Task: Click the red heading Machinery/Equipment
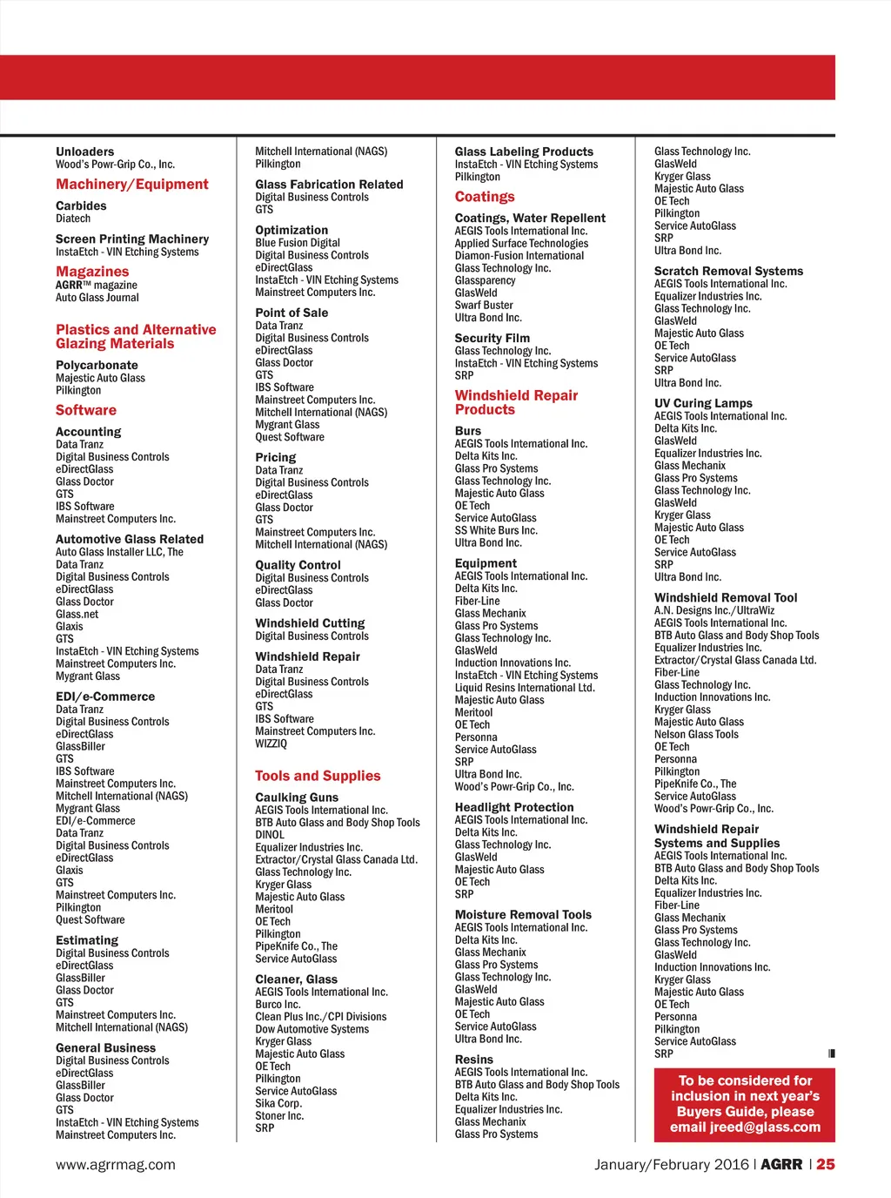(x=132, y=185)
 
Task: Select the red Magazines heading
(x=92, y=272)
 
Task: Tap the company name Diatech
(x=73, y=219)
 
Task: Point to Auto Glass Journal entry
(x=97, y=298)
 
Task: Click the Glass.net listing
(x=77, y=614)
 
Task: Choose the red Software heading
(x=86, y=410)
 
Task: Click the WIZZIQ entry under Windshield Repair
(x=271, y=744)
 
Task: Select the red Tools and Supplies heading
(x=318, y=776)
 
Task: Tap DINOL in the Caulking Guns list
(x=270, y=835)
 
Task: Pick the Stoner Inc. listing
(x=279, y=1115)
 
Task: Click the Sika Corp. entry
(x=278, y=1103)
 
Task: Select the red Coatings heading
(x=485, y=197)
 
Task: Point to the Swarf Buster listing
(x=484, y=306)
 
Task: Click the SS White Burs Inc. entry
(x=496, y=530)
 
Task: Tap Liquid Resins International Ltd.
(x=525, y=688)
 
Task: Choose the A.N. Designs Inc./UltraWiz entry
(x=714, y=610)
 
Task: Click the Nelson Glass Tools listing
(x=696, y=734)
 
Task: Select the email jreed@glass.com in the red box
(x=745, y=1127)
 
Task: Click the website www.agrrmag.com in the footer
(x=116, y=1165)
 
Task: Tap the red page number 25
(x=826, y=1165)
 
